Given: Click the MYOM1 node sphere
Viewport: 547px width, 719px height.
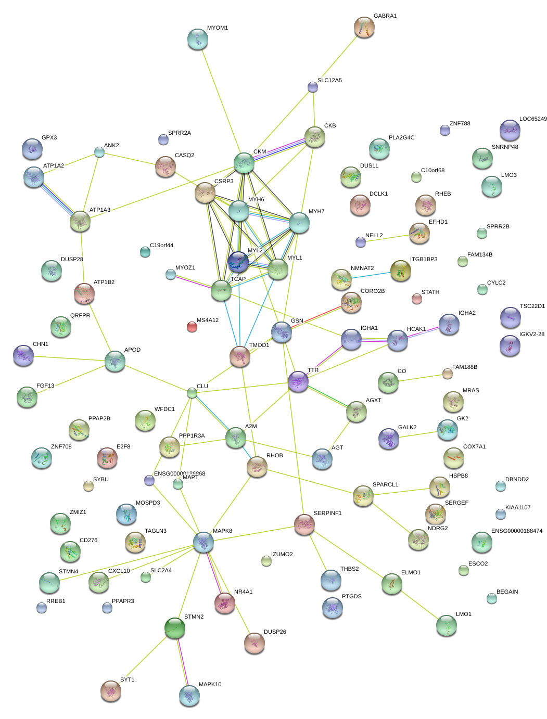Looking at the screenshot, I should point(197,39).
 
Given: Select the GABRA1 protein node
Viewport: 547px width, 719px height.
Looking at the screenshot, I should point(364,27).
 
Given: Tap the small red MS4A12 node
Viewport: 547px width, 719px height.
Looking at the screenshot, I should point(192,326).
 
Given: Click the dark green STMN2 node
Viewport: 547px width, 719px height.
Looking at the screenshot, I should point(175,628).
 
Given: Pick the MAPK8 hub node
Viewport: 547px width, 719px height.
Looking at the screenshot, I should point(203,542).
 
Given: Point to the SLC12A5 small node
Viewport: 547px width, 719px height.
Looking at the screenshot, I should point(313,86).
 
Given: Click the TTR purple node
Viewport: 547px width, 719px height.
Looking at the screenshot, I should point(298,381).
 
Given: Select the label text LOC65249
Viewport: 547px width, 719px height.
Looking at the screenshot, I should point(533,119).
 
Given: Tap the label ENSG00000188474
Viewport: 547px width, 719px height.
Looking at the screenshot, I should point(516,531).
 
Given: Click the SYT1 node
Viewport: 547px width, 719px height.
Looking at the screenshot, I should point(111,690).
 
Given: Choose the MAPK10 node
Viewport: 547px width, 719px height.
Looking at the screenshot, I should point(189,695).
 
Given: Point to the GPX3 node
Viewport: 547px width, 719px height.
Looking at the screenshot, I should point(33,149).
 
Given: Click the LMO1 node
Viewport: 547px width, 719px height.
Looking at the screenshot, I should point(447,625).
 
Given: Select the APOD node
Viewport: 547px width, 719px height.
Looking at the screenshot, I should point(115,361).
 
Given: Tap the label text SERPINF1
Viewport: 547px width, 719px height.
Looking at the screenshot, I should point(327,513).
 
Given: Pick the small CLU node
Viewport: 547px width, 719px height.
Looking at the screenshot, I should point(192,393).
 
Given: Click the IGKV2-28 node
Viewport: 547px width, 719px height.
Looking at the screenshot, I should point(510,345).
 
